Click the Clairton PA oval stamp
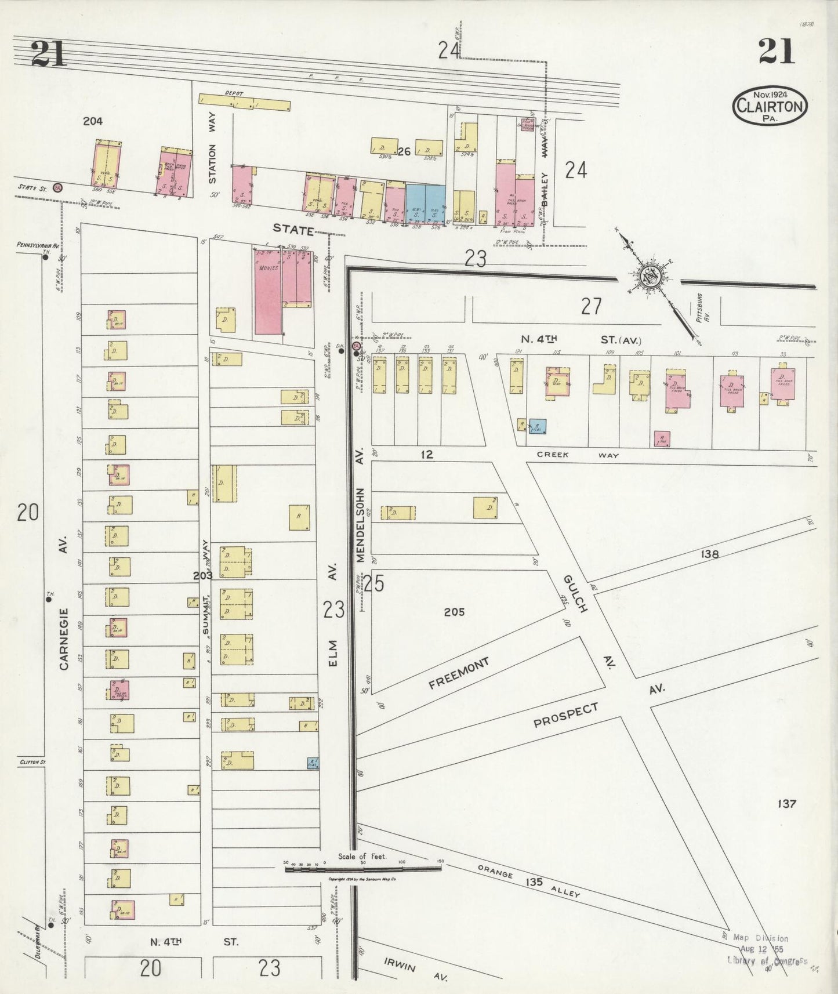coord(770,106)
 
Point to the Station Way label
coord(212,164)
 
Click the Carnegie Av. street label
coord(64,638)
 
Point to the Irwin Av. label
coord(415,968)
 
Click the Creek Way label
coord(578,455)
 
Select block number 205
coord(454,612)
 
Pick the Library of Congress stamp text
coord(767,960)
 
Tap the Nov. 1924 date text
coord(770,95)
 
